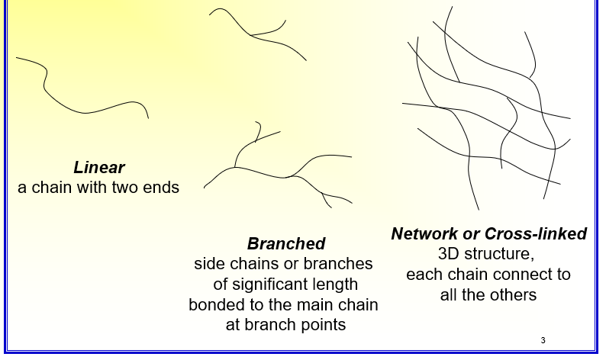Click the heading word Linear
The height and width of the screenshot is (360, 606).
(99, 167)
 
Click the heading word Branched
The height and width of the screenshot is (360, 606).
(286, 243)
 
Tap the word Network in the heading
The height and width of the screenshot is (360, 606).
(424, 233)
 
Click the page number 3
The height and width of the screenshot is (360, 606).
(543, 340)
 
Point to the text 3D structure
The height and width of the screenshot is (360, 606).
(485, 254)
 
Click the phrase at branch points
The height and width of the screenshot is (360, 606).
(285, 324)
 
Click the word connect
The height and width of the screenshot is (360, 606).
(515, 275)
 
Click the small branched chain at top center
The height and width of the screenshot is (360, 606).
(255, 34)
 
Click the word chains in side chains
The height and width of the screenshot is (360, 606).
(255, 264)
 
